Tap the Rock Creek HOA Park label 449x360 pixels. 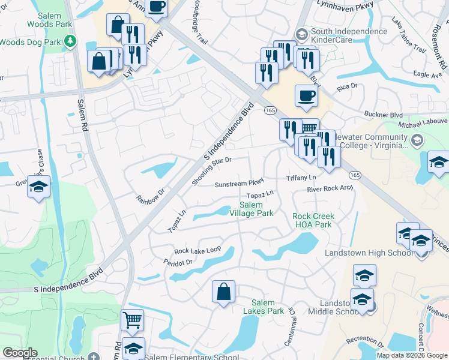313,220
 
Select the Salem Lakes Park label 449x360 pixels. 264,307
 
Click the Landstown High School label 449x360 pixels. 369,253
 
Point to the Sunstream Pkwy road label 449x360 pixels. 240,182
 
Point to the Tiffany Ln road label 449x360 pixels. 301,178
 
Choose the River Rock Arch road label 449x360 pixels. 330,188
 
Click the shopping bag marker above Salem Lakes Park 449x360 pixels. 223,292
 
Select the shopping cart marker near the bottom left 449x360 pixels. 132,319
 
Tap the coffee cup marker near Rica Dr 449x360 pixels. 306,95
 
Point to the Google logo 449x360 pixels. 20,353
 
